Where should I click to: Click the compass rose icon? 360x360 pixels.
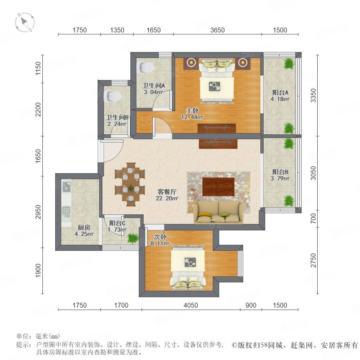click(25, 22)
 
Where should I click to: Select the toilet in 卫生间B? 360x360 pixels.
click(112, 96)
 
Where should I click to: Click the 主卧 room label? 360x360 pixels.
click(192, 111)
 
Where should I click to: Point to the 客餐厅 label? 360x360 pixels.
click(167, 192)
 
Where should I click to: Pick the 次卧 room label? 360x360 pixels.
click(160, 237)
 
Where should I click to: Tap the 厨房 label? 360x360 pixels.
click(84, 228)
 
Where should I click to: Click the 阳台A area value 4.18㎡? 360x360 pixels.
click(280, 99)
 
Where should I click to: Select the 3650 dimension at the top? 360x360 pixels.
click(218, 30)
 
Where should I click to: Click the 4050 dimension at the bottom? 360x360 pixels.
click(190, 305)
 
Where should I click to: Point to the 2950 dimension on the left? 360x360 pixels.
click(38, 212)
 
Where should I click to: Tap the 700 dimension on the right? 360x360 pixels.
click(313, 218)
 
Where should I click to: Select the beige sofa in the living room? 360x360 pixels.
click(218, 212)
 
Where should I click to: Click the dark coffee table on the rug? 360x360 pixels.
click(218, 187)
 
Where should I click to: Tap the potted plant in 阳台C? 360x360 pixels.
click(133, 238)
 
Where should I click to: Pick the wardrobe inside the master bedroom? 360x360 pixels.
click(217, 128)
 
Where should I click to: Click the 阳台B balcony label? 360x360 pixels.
click(280, 172)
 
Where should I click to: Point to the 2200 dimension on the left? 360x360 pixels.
click(38, 110)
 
